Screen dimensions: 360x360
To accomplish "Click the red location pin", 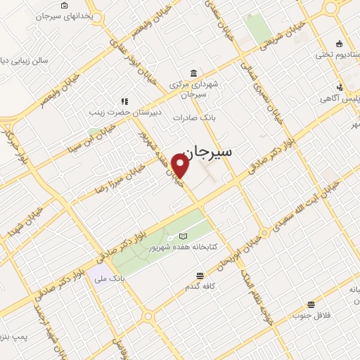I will [x=181, y=166].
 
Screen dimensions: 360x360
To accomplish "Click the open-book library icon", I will [x=184, y=236].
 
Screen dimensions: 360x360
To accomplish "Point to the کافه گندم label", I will [x=200, y=287].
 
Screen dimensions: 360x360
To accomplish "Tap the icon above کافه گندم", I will [x=200, y=276].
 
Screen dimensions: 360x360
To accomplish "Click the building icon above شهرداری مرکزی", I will [x=193, y=72].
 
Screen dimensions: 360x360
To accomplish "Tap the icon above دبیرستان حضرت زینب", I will [x=124, y=101].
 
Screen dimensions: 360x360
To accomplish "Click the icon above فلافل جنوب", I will [x=311, y=304].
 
